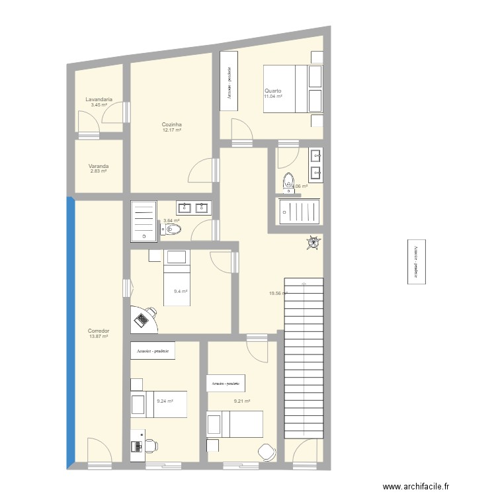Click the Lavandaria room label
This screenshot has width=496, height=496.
click(x=99, y=99)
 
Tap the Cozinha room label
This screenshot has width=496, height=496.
click(x=171, y=124)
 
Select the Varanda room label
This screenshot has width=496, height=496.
click(x=98, y=167)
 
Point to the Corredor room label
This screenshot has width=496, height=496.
click(x=98, y=331)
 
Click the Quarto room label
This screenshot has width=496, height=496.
click(x=273, y=91)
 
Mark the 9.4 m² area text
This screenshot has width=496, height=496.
click(x=181, y=292)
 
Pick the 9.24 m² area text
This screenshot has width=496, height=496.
click(x=165, y=401)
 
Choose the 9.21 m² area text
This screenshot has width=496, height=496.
click(x=242, y=401)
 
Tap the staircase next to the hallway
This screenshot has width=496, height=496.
click(x=304, y=357)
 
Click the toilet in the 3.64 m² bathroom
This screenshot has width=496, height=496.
click(x=171, y=229)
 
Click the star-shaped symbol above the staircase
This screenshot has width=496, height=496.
click(x=312, y=243)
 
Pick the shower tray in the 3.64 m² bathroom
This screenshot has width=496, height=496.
click(x=142, y=220)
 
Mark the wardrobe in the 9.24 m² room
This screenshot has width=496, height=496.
click(x=153, y=351)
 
